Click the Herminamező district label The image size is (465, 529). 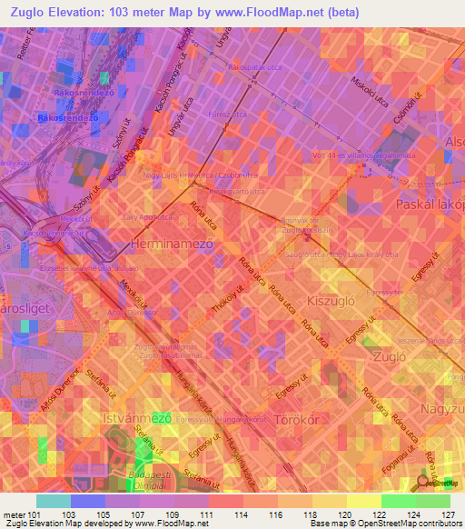173,245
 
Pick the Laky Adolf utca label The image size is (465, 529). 146,219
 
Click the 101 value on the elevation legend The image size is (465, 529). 35,514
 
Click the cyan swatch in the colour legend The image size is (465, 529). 54,501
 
